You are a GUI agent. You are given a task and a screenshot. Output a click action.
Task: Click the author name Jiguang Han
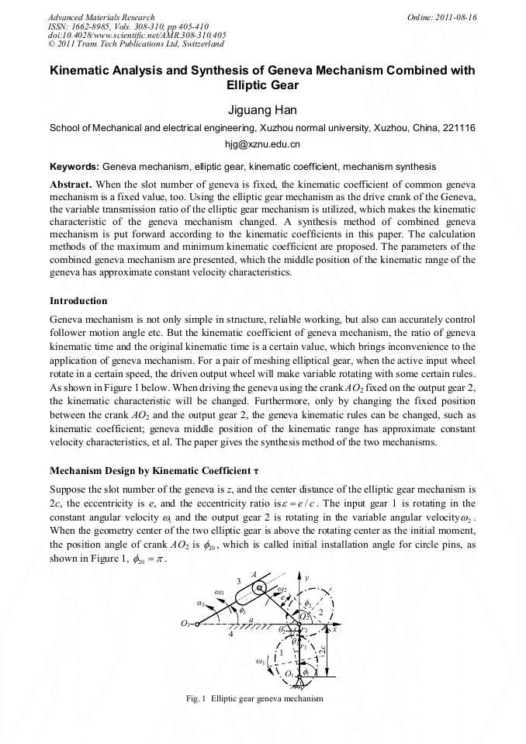pyautogui.click(x=262, y=110)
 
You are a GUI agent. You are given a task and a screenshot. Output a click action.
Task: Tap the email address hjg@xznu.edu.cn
pyautogui.click(x=262, y=144)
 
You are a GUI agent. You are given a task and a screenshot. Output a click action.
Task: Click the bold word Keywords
pyautogui.click(x=74, y=167)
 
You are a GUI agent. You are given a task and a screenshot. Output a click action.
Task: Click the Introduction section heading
pyautogui.click(x=78, y=301)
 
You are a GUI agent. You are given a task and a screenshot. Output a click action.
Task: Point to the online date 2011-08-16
pyautogui.click(x=457, y=17)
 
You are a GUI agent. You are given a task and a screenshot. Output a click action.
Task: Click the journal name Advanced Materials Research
pyautogui.click(x=101, y=17)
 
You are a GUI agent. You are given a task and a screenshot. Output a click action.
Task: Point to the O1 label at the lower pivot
pyautogui.click(x=289, y=674)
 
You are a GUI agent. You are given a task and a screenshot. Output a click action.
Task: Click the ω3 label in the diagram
pyautogui.click(x=220, y=593)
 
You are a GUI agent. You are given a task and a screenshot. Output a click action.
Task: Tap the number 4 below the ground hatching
pyautogui.click(x=230, y=635)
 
